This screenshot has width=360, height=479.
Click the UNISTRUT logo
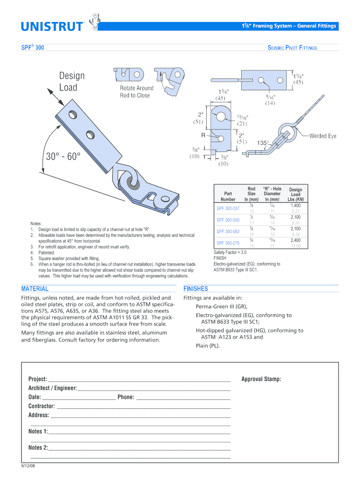(x=51, y=26)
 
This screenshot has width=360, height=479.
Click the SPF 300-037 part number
(x=228, y=208)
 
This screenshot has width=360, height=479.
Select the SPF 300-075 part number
(x=228, y=243)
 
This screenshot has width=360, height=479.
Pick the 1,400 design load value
(x=295, y=206)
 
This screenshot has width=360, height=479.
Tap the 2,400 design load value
(x=295, y=240)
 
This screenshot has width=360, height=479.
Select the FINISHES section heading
(x=196, y=289)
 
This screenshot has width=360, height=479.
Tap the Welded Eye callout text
(x=323, y=136)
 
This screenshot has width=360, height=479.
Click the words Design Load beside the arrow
(x=72, y=81)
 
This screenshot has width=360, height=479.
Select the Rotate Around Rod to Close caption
(x=136, y=92)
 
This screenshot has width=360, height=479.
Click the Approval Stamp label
(x=261, y=379)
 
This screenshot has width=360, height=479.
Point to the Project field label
(x=37, y=379)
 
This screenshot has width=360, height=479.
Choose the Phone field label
(x=126, y=397)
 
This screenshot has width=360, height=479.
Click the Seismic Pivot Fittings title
(x=292, y=48)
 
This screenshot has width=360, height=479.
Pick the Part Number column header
(x=228, y=196)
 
